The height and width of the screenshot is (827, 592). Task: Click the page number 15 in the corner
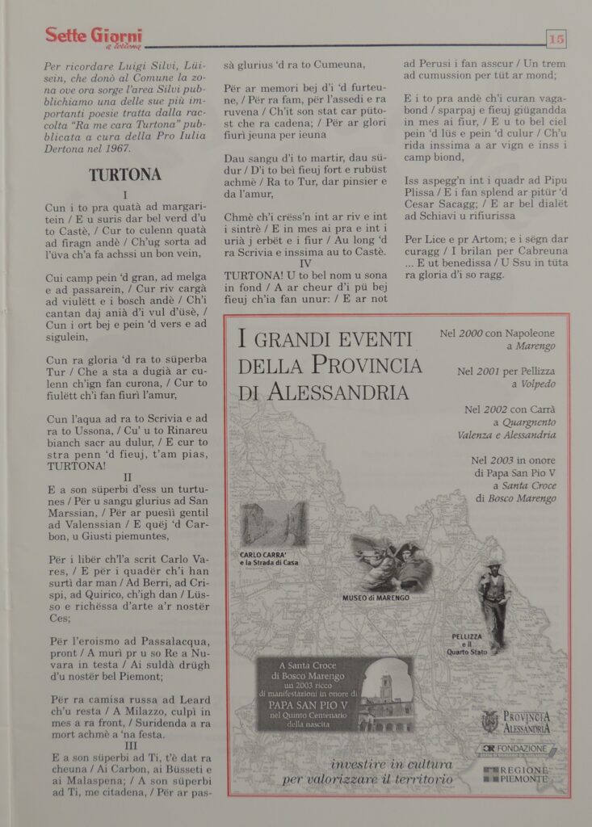556,38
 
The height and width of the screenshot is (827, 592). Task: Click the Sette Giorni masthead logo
93,37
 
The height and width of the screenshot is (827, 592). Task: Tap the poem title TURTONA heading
125,174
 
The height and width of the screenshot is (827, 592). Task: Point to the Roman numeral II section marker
127,477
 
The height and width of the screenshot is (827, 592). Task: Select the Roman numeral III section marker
127,747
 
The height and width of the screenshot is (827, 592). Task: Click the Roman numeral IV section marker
304,263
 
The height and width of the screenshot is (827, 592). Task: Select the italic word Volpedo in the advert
538,384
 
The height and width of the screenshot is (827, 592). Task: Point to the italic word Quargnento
529,422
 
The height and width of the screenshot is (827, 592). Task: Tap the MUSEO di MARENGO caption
376,598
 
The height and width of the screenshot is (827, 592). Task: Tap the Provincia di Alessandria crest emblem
489,720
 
